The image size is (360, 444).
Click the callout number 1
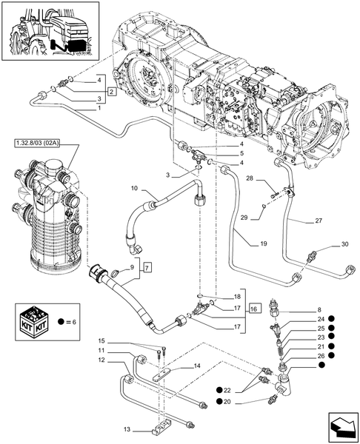[x=99, y=107]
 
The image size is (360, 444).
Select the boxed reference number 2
[x=111, y=92]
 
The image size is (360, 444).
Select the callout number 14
[x=197, y=366]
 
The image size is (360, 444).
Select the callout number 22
[x=228, y=390]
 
